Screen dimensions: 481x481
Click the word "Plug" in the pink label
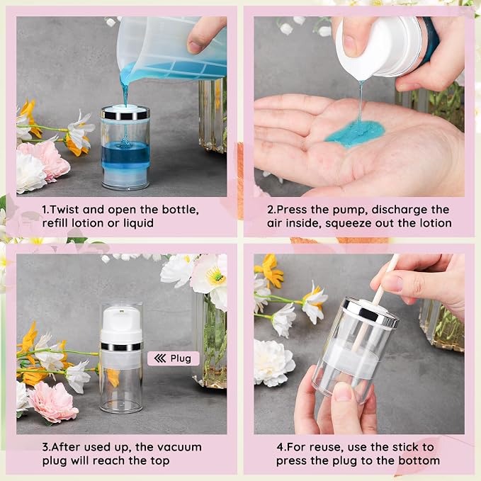point(181,358)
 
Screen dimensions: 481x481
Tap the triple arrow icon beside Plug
point(160,358)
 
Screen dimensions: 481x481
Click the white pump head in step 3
point(121,325)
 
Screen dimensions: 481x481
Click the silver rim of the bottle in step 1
point(125,113)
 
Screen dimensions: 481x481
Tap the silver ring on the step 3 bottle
point(121,346)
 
